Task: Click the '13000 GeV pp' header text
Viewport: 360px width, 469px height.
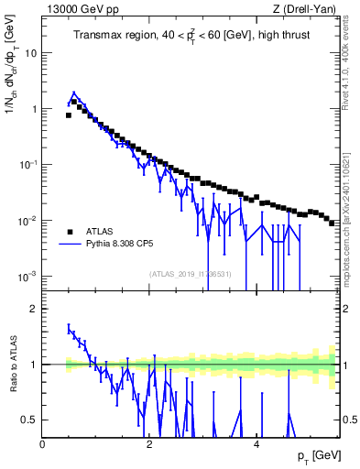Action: click(76, 9)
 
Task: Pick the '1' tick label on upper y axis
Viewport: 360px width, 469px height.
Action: click(35, 109)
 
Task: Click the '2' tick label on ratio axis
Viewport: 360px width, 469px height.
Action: click(35, 309)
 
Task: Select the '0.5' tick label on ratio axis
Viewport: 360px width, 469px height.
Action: click(30, 420)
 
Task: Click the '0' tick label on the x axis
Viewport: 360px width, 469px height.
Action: click(43, 443)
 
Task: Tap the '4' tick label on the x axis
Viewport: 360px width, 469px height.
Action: click(256, 443)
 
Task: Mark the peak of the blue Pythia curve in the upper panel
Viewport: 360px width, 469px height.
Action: click(74, 93)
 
